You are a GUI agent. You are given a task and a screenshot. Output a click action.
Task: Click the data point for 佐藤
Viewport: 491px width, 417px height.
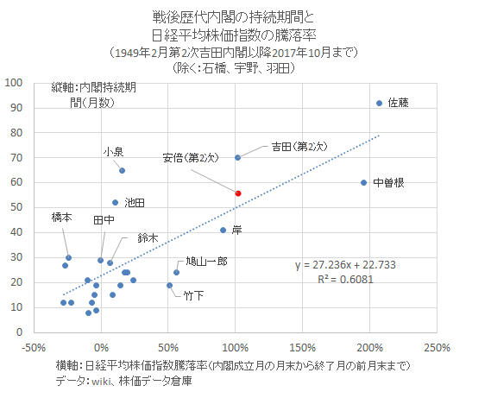(x=379, y=104)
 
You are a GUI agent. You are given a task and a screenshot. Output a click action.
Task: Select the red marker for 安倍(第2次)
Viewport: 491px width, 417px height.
(x=238, y=193)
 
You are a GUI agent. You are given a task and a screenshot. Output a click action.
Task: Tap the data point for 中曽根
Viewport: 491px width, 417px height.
(x=364, y=182)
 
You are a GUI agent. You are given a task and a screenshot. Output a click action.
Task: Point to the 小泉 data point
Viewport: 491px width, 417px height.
(x=122, y=170)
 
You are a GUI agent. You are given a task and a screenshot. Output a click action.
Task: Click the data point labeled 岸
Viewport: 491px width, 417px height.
(x=223, y=231)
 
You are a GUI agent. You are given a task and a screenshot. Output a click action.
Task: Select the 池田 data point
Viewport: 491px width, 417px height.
(x=116, y=202)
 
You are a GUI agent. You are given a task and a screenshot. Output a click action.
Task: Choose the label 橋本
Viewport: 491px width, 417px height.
(x=61, y=218)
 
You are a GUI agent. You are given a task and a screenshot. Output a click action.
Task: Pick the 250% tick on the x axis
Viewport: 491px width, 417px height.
(x=437, y=348)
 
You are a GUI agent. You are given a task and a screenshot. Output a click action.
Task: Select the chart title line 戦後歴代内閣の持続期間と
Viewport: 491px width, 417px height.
(x=235, y=16)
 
